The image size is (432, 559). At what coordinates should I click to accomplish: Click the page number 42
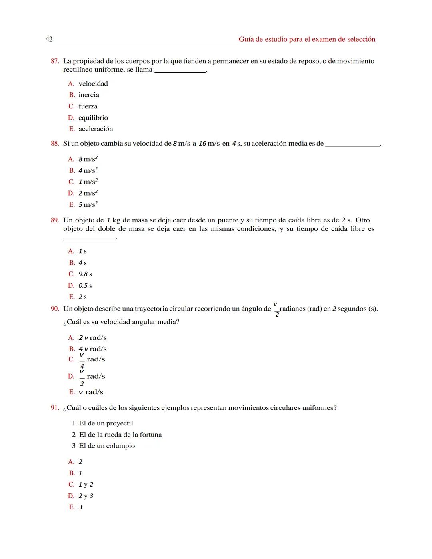tap(49, 39)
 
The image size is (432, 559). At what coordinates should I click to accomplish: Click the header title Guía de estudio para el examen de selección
tap(307, 39)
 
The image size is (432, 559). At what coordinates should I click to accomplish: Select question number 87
tap(55, 61)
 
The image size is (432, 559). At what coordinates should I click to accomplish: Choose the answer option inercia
tap(88, 95)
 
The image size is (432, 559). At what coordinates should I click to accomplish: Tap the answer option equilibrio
tap(93, 118)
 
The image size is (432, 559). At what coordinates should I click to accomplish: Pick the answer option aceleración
tap(96, 129)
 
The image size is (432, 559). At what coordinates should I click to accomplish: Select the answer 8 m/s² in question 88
tap(88, 159)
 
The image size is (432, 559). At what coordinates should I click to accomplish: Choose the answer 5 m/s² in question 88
tap(88, 204)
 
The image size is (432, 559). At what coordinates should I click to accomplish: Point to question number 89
tap(55, 220)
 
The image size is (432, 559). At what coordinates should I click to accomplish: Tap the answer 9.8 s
tap(85, 274)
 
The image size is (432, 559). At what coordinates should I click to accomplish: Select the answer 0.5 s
tap(85, 285)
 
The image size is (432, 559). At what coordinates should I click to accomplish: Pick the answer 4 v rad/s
tap(92, 349)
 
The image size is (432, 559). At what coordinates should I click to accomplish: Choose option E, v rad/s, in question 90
tap(91, 392)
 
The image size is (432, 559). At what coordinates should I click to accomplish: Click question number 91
tap(55, 408)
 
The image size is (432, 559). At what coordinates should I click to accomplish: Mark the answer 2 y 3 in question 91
tap(86, 496)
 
